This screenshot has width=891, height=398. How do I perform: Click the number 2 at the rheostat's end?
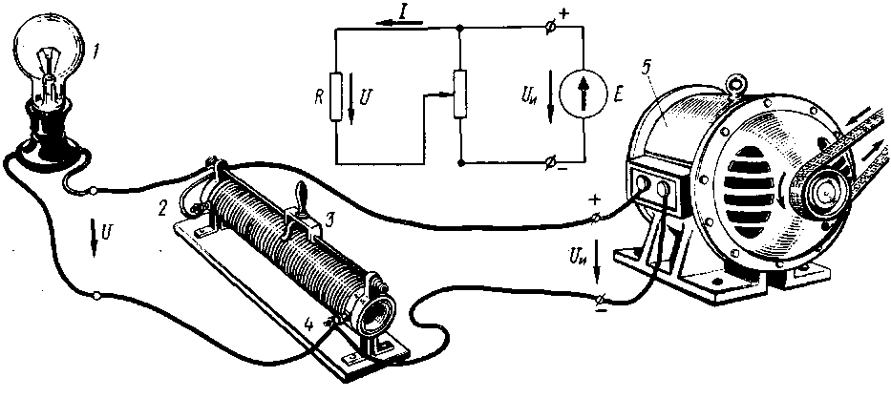164,205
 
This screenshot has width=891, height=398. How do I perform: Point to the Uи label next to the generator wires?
576,255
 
